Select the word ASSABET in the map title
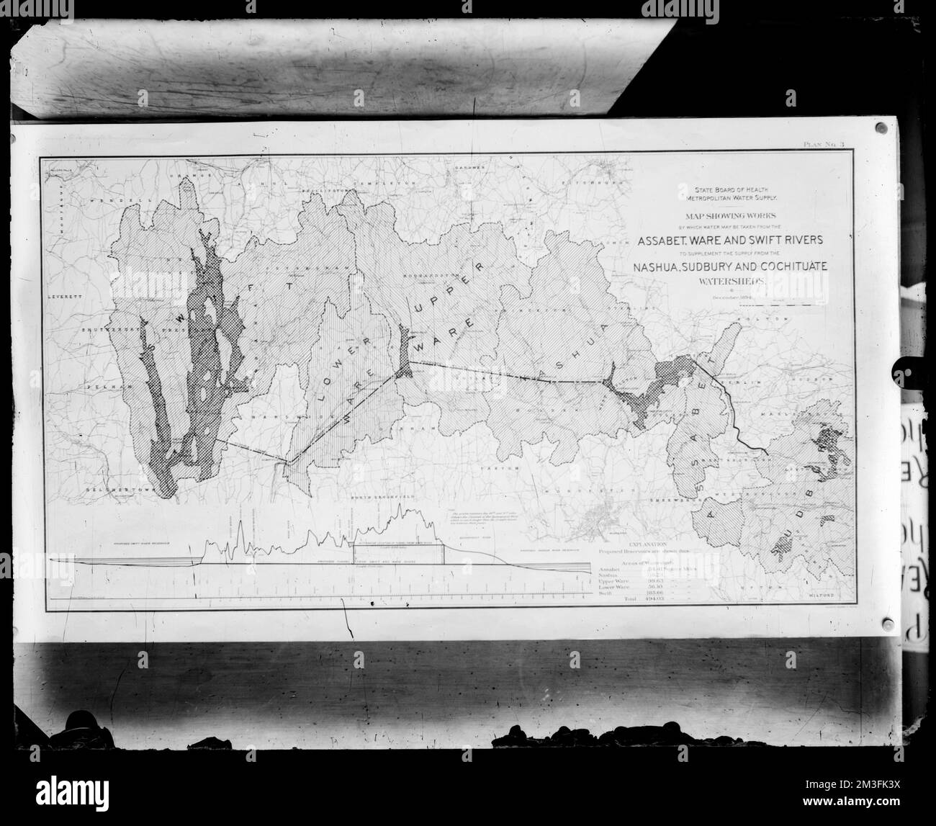pyautogui.click(x=670, y=240)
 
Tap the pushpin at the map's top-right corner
pyautogui.click(x=881, y=129)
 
